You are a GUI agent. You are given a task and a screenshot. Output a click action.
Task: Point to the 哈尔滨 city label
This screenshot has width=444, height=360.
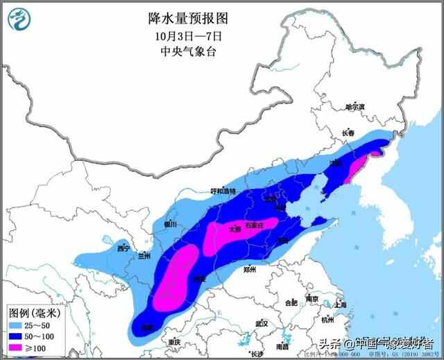[355, 108]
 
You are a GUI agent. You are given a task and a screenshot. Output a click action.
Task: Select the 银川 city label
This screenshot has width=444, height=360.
[171, 224]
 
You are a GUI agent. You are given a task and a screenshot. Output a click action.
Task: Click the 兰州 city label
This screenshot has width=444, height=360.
[145, 256]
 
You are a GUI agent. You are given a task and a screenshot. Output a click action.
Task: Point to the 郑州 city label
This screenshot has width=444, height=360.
[250, 269]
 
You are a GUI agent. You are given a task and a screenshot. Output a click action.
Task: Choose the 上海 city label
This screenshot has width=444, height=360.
[340, 305]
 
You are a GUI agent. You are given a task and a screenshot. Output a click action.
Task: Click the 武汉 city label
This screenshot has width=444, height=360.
[281, 324]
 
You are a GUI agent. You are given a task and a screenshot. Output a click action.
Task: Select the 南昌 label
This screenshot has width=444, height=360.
[282, 346]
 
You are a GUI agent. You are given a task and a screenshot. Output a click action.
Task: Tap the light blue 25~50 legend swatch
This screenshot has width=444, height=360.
[17, 325]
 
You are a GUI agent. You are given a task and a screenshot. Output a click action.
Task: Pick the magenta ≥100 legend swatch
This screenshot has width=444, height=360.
[17, 347]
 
